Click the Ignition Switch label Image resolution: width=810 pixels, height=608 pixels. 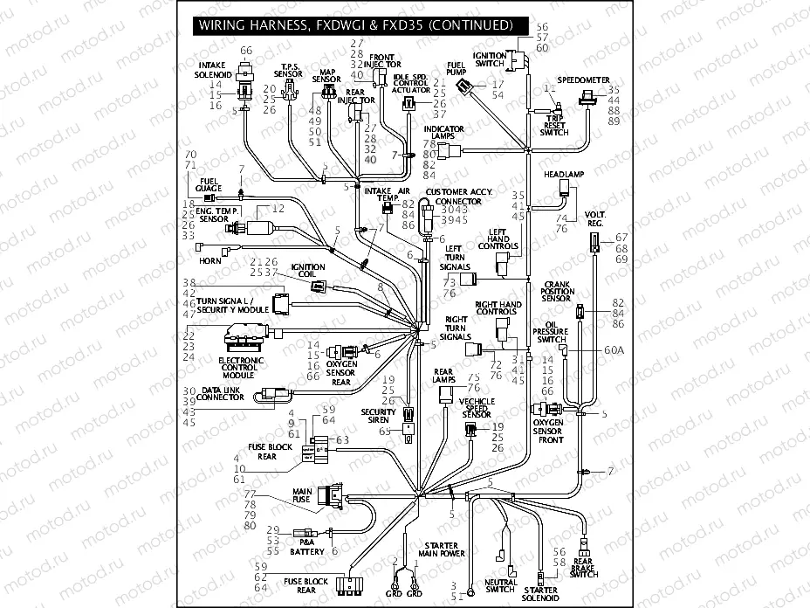click(x=489, y=60)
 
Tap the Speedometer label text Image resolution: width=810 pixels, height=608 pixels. click(x=583, y=79)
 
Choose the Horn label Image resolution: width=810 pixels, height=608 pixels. click(x=210, y=261)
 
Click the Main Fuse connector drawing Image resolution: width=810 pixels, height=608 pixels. click(x=332, y=496)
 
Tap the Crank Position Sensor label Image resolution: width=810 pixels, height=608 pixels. click(x=557, y=292)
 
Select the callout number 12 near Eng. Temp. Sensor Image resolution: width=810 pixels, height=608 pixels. click(x=278, y=209)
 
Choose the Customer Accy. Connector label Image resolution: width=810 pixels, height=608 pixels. click(x=459, y=197)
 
